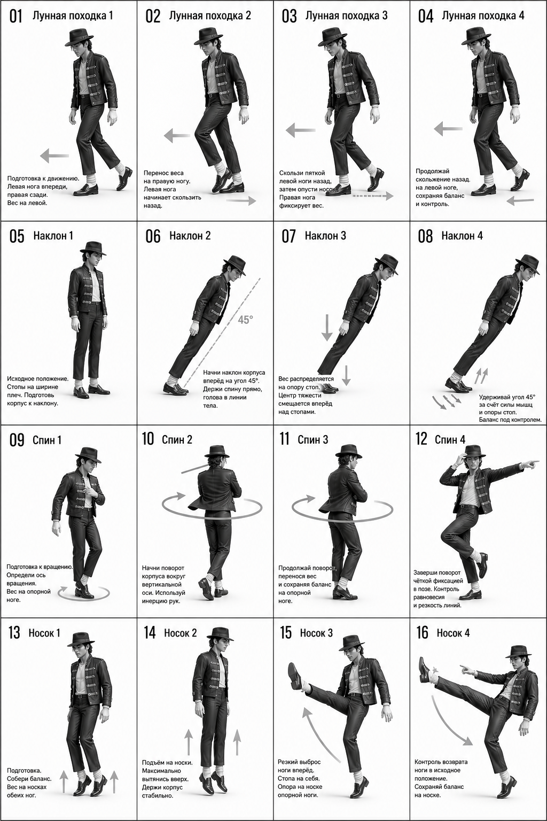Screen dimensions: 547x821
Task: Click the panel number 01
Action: tap(15, 17)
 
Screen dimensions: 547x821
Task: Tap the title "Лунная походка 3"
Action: tap(346, 16)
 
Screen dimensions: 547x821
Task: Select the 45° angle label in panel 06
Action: tap(245, 320)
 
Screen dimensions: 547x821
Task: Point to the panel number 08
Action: tap(425, 236)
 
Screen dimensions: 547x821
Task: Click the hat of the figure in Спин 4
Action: tap(473, 452)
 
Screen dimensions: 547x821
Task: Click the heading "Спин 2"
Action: tap(177, 439)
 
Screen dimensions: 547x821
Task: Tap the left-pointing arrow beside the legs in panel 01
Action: tap(54, 156)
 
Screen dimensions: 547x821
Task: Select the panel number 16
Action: tap(423, 632)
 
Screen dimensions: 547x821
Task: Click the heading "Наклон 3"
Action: tap(325, 236)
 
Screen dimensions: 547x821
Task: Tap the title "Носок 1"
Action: tap(44, 633)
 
